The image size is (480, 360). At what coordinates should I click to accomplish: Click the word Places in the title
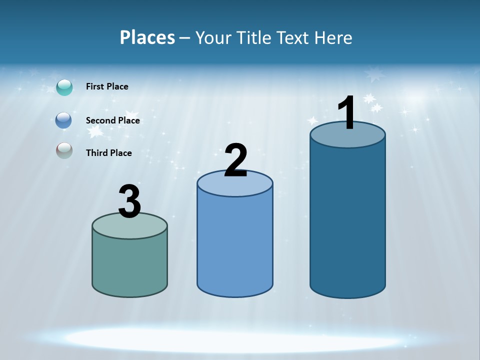[147, 37]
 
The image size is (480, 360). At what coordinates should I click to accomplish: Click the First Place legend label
[107, 86]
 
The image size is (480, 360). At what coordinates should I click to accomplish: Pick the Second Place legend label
[112, 120]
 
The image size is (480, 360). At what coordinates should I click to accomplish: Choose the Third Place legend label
[108, 153]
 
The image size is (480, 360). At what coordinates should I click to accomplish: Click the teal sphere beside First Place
[64, 87]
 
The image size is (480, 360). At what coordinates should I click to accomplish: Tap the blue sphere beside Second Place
[64, 120]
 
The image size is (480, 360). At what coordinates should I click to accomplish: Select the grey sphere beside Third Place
[64, 150]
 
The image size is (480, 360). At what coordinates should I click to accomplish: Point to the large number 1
[346, 113]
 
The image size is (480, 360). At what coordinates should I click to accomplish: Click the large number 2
[235, 161]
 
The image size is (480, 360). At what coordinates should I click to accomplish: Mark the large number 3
[129, 201]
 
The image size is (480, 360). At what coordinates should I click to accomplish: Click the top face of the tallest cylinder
[347, 137]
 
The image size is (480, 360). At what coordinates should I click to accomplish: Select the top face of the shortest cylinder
[129, 227]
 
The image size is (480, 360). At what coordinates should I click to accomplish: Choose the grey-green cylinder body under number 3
[129, 265]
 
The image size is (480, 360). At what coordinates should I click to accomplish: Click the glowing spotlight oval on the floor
[235, 339]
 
